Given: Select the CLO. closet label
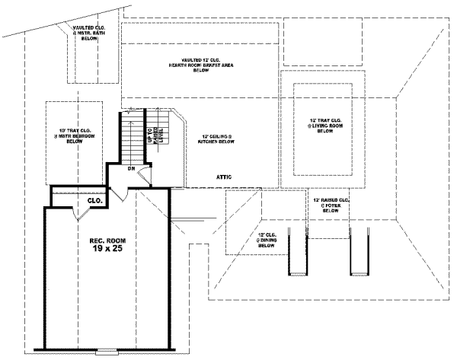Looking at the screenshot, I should (x=95, y=201).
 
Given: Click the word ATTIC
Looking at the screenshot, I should (x=223, y=177).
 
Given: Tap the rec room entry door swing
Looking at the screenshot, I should (x=122, y=193).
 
